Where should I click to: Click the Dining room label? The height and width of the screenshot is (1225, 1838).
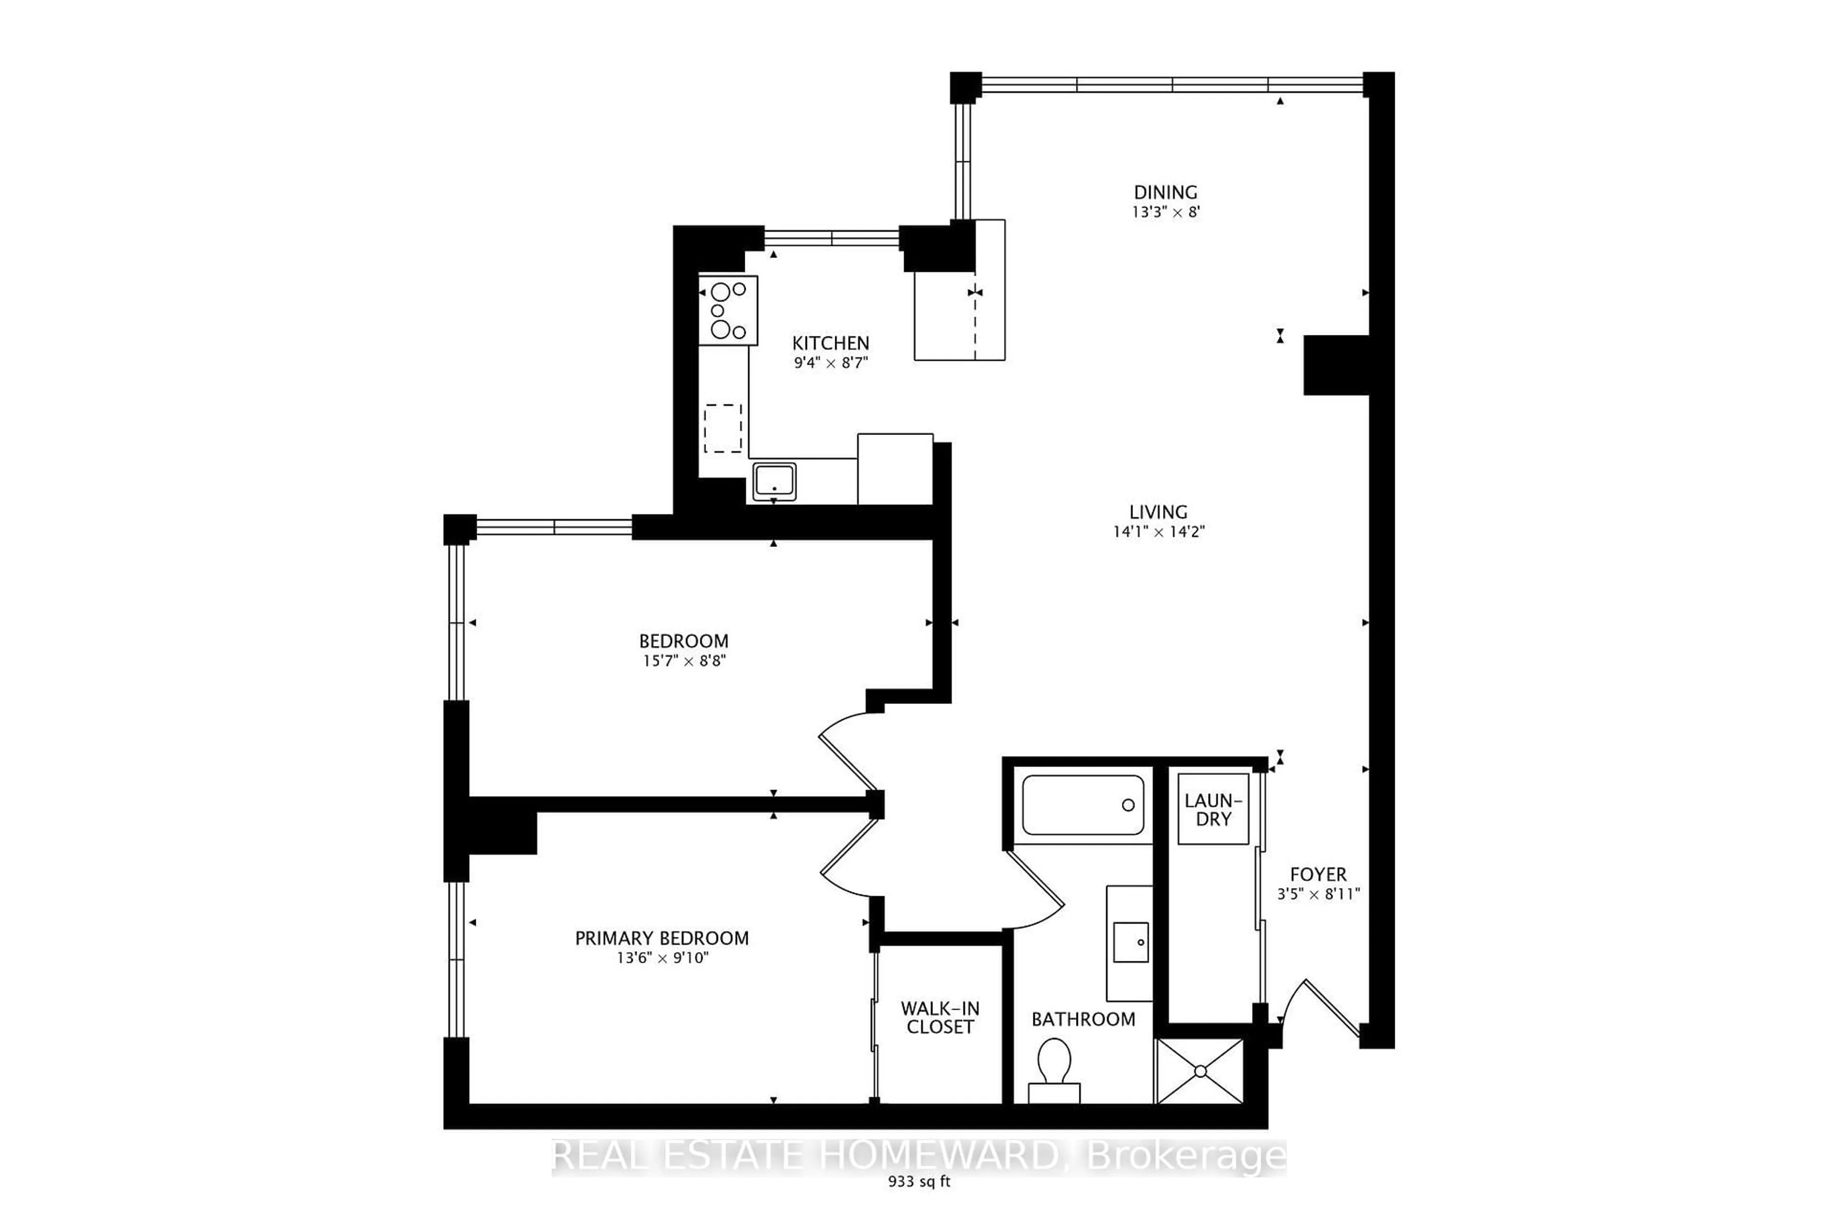pyautogui.click(x=1165, y=192)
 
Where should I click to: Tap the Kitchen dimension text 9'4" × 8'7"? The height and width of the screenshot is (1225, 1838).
pyautogui.click(x=831, y=363)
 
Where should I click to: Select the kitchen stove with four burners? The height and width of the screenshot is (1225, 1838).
pyautogui.click(x=728, y=310)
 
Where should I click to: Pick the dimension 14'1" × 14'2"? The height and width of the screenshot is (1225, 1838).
pyautogui.click(x=1159, y=532)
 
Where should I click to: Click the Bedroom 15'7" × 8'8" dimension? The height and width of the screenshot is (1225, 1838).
pyautogui.click(x=684, y=661)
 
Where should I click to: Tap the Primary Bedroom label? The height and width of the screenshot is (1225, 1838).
pyautogui.click(x=662, y=938)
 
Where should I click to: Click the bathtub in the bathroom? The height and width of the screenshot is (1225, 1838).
pyautogui.click(x=1083, y=805)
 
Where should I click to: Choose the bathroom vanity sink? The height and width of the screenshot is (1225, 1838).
pyautogui.click(x=1129, y=944)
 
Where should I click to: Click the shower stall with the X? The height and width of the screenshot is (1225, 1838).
pyautogui.click(x=1199, y=1070)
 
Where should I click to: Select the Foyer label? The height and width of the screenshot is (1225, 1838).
pyautogui.click(x=1318, y=875)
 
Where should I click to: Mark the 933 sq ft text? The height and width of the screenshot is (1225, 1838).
pyautogui.click(x=919, y=1204)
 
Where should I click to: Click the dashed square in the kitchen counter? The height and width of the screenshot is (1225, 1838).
pyautogui.click(x=723, y=428)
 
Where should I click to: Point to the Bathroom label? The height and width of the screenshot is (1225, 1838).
pyautogui.click(x=1083, y=1020)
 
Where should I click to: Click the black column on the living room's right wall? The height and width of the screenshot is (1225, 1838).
pyautogui.click(x=1336, y=365)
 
